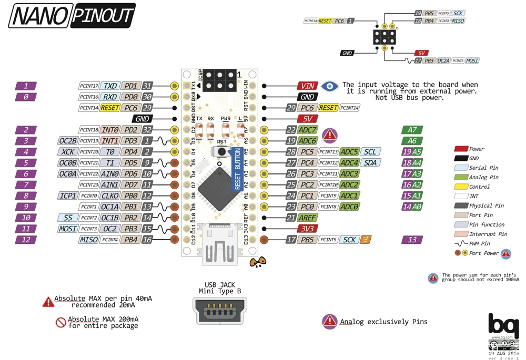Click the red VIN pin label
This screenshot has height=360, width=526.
(x=307, y=86)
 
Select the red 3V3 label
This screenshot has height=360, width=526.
(x=307, y=229)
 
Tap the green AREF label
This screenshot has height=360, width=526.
(x=308, y=218)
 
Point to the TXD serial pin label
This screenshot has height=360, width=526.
(x=110, y=86)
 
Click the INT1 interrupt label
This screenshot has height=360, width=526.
(x=110, y=141)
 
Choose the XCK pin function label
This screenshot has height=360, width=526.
(x=67, y=152)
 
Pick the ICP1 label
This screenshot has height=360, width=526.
(x=67, y=196)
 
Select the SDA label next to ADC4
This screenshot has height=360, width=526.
(x=370, y=163)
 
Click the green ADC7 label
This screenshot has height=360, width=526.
(x=308, y=130)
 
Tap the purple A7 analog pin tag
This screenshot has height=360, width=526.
(x=412, y=130)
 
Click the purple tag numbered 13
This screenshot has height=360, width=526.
(x=412, y=240)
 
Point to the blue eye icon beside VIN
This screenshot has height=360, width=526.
(x=330, y=86)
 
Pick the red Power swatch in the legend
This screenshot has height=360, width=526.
(x=461, y=149)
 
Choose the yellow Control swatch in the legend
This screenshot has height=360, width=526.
(x=461, y=187)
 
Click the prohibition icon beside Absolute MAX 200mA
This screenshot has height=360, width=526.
(x=61, y=322)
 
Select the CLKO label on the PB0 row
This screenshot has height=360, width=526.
(x=110, y=196)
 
